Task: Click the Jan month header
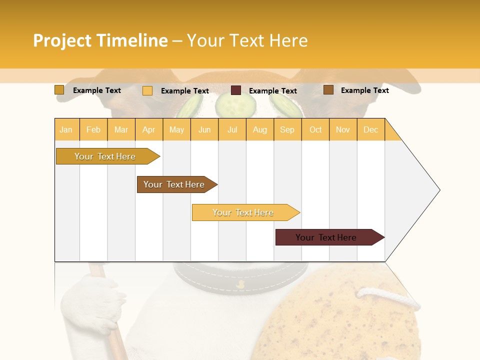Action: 66,129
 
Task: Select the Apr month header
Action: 149,129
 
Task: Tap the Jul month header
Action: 232,129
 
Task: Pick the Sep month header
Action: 287,129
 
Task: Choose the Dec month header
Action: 370,129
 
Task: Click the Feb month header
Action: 93,129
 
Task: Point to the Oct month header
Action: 315,129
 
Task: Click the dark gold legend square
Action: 59,90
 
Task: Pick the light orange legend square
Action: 147,90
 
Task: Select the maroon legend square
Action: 236,90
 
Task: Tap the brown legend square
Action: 328,90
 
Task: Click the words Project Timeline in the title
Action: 100,40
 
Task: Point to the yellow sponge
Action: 350,320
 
